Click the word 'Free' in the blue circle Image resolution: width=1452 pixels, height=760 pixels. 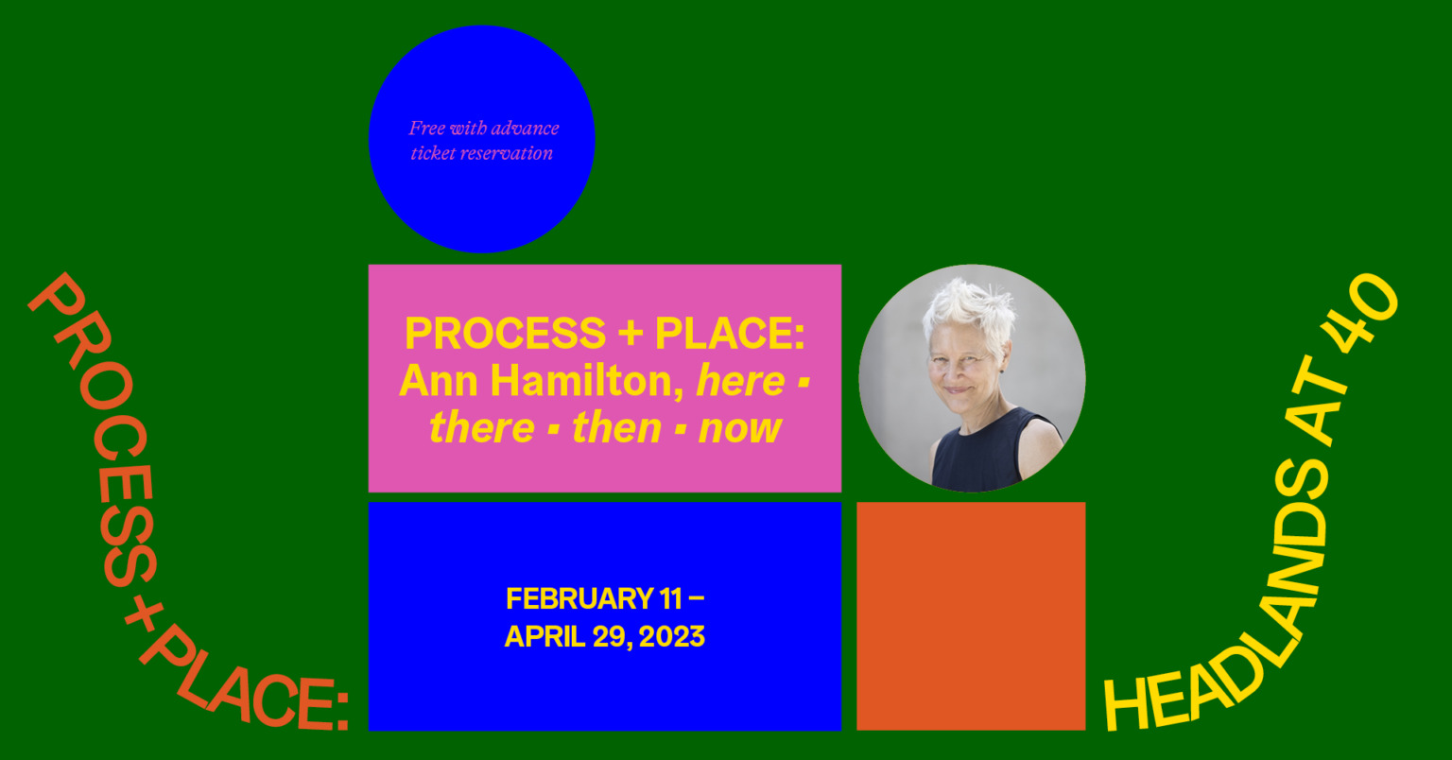[426, 128]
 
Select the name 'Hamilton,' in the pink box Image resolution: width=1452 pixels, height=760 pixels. [588, 380]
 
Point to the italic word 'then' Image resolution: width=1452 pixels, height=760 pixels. [616, 428]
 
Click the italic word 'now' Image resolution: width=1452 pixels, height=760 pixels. [739, 428]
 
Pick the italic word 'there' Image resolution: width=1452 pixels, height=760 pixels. [481, 428]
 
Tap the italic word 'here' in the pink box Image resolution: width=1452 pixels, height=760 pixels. [740, 380]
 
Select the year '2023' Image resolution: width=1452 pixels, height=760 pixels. [671, 637]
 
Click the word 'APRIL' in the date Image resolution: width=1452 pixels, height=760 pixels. [544, 637]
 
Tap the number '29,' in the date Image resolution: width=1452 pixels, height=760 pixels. [612, 637]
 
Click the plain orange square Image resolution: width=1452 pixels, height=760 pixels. [971, 616]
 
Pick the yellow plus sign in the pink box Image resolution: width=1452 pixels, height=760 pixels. [631, 334]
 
